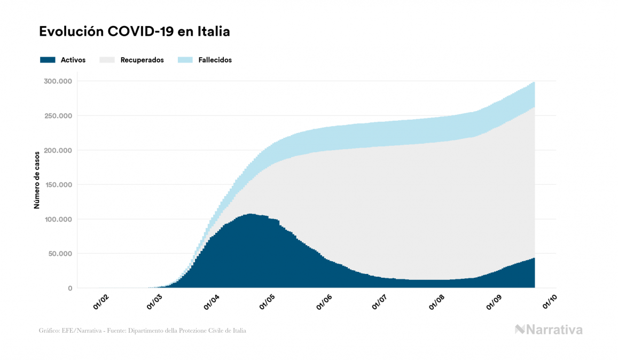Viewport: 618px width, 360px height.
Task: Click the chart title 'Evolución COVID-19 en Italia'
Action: click(135, 32)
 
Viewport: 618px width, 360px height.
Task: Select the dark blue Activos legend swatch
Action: click(48, 60)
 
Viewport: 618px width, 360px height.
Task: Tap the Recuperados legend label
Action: click(142, 60)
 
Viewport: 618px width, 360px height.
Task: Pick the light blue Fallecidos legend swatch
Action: click(184, 60)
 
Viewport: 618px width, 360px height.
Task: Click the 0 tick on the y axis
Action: click(70, 288)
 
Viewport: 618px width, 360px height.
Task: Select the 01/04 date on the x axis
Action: click(212, 302)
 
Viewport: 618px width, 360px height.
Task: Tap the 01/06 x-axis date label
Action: click(324, 302)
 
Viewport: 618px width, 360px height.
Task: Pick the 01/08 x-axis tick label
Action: click(436, 302)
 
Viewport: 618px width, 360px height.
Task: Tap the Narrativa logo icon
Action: click(520, 330)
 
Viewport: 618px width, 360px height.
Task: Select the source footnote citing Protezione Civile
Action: click(143, 331)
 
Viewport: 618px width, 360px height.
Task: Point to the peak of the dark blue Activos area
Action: click(249, 214)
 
